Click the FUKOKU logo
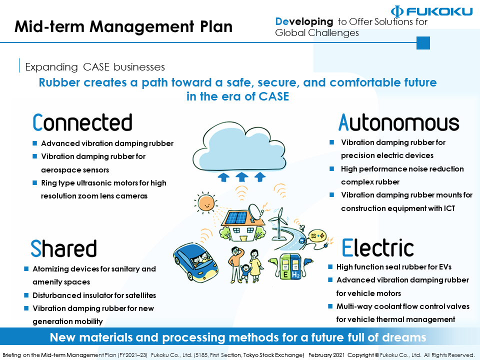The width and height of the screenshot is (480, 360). coord(432,11)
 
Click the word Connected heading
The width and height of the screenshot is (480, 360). coord(82,123)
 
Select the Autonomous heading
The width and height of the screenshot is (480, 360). coord(398,122)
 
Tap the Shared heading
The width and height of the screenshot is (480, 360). coord(63,248)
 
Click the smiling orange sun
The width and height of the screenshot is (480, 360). coord(205,203)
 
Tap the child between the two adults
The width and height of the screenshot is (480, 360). coord(245,273)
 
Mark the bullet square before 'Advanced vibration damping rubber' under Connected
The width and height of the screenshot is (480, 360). coord(35,143)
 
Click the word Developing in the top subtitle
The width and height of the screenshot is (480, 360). coord(304,21)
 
